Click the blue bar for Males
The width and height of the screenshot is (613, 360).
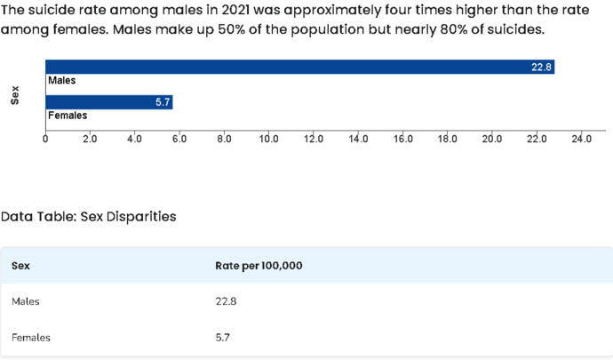tap(300, 67)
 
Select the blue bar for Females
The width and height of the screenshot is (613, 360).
tap(109, 102)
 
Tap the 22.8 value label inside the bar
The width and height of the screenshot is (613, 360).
tap(541, 68)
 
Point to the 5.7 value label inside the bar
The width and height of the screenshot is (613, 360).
tap(163, 102)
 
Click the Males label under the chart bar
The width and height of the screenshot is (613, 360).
tap(62, 81)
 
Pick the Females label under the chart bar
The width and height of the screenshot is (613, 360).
tap(68, 116)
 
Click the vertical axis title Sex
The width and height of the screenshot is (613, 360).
tap(15, 95)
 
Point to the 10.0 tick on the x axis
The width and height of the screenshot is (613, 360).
tap(268, 139)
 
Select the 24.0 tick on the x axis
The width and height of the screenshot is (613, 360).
tap(581, 139)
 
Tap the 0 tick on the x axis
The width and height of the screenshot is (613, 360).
tap(45, 139)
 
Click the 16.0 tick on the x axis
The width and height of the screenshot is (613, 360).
tap(402, 139)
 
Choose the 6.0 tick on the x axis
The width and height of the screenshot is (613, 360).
tap(179, 139)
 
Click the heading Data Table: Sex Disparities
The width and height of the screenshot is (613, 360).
tap(88, 216)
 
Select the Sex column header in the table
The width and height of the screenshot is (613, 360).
tap(20, 266)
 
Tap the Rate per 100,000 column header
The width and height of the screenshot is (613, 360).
tap(259, 266)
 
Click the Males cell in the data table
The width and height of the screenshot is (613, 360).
tap(26, 301)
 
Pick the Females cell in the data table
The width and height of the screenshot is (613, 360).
tap(31, 337)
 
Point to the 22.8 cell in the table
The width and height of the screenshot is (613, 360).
tap(226, 301)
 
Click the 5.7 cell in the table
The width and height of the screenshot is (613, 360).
tap(222, 337)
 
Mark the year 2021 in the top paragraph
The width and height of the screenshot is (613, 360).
tap(235, 10)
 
